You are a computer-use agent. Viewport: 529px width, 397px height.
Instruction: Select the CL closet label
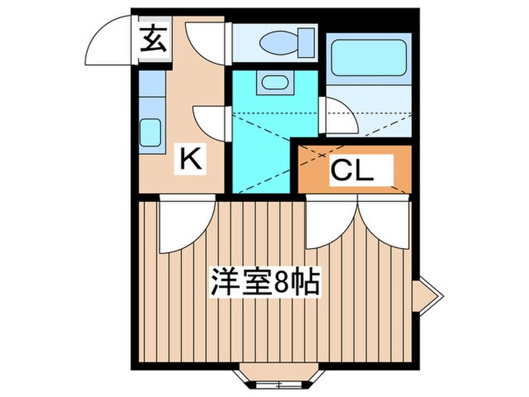(x=351, y=171)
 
